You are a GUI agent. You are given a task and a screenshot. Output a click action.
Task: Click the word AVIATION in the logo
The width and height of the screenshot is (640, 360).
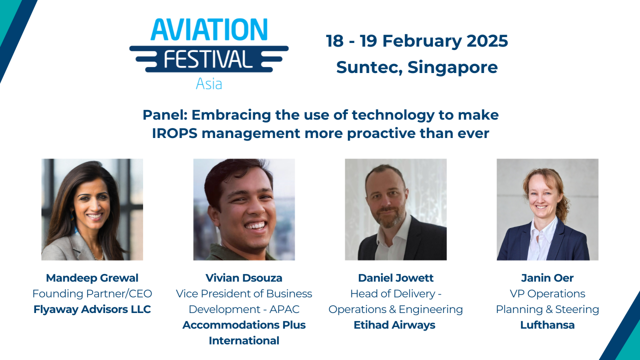pyautogui.click(x=209, y=30)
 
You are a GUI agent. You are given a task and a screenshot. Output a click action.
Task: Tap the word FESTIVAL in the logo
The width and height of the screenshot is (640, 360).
pyautogui.click(x=209, y=59)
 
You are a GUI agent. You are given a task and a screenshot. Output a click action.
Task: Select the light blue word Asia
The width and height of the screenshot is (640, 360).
pyautogui.click(x=209, y=83)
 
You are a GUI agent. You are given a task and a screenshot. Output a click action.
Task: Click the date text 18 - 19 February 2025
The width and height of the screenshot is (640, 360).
pyautogui.click(x=417, y=41)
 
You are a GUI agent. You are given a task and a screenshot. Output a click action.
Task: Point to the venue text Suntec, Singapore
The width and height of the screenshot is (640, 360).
pyautogui.click(x=417, y=67)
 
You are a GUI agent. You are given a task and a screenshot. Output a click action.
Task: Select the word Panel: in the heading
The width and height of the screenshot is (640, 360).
pyautogui.click(x=165, y=115)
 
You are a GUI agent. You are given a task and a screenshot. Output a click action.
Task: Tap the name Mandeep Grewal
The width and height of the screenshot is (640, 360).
pyautogui.click(x=92, y=278)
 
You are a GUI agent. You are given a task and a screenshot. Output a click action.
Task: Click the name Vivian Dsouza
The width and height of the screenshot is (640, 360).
pyautogui.click(x=244, y=278)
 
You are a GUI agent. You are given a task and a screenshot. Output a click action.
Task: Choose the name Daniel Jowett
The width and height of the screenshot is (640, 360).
pyautogui.click(x=395, y=278)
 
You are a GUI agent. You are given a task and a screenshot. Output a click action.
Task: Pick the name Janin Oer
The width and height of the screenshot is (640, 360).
pyautogui.click(x=547, y=278)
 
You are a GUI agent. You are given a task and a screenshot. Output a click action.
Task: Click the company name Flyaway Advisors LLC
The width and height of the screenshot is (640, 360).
pyautogui.click(x=92, y=309)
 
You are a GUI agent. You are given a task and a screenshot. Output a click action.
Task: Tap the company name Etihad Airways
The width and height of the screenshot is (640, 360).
pyautogui.click(x=395, y=325)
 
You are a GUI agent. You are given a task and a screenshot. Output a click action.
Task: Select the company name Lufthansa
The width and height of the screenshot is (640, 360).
pyautogui.click(x=547, y=325)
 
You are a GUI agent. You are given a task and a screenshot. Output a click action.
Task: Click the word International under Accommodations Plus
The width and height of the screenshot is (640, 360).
pyautogui.click(x=244, y=341)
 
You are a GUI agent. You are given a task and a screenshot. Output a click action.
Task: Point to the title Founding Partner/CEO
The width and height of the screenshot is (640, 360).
pyautogui.click(x=92, y=293)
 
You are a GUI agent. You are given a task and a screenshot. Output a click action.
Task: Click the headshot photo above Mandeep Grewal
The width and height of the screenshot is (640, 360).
pyautogui.click(x=92, y=209)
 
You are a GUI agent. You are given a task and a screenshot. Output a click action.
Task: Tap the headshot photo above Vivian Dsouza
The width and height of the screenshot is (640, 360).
pyautogui.click(x=244, y=209)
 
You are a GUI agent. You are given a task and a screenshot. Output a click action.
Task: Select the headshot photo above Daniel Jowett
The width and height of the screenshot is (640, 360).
pyautogui.click(x=395, y=209)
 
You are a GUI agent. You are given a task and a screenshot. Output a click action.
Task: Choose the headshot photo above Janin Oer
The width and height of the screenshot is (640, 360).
pyautogui.click(x=547, y=209)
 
